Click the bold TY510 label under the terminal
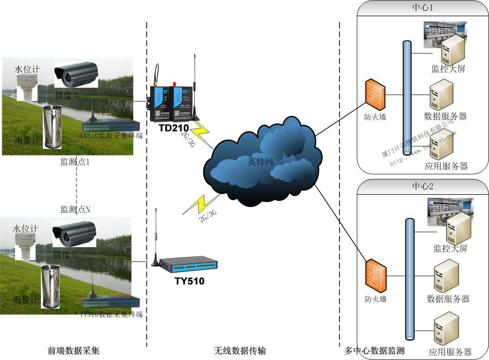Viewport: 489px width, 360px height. click(x=189, y=281)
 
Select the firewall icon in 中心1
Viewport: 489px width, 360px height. click(x=375, y=94)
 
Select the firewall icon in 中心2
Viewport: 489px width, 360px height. click(x=376, y=275)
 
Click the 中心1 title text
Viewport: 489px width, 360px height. click(x=423, y=8)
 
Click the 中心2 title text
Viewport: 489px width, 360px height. click(x=423, y=186)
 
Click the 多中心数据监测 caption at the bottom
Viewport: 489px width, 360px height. click(x=374, y=351)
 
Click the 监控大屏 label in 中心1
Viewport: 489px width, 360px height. click(x=448, y=70)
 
